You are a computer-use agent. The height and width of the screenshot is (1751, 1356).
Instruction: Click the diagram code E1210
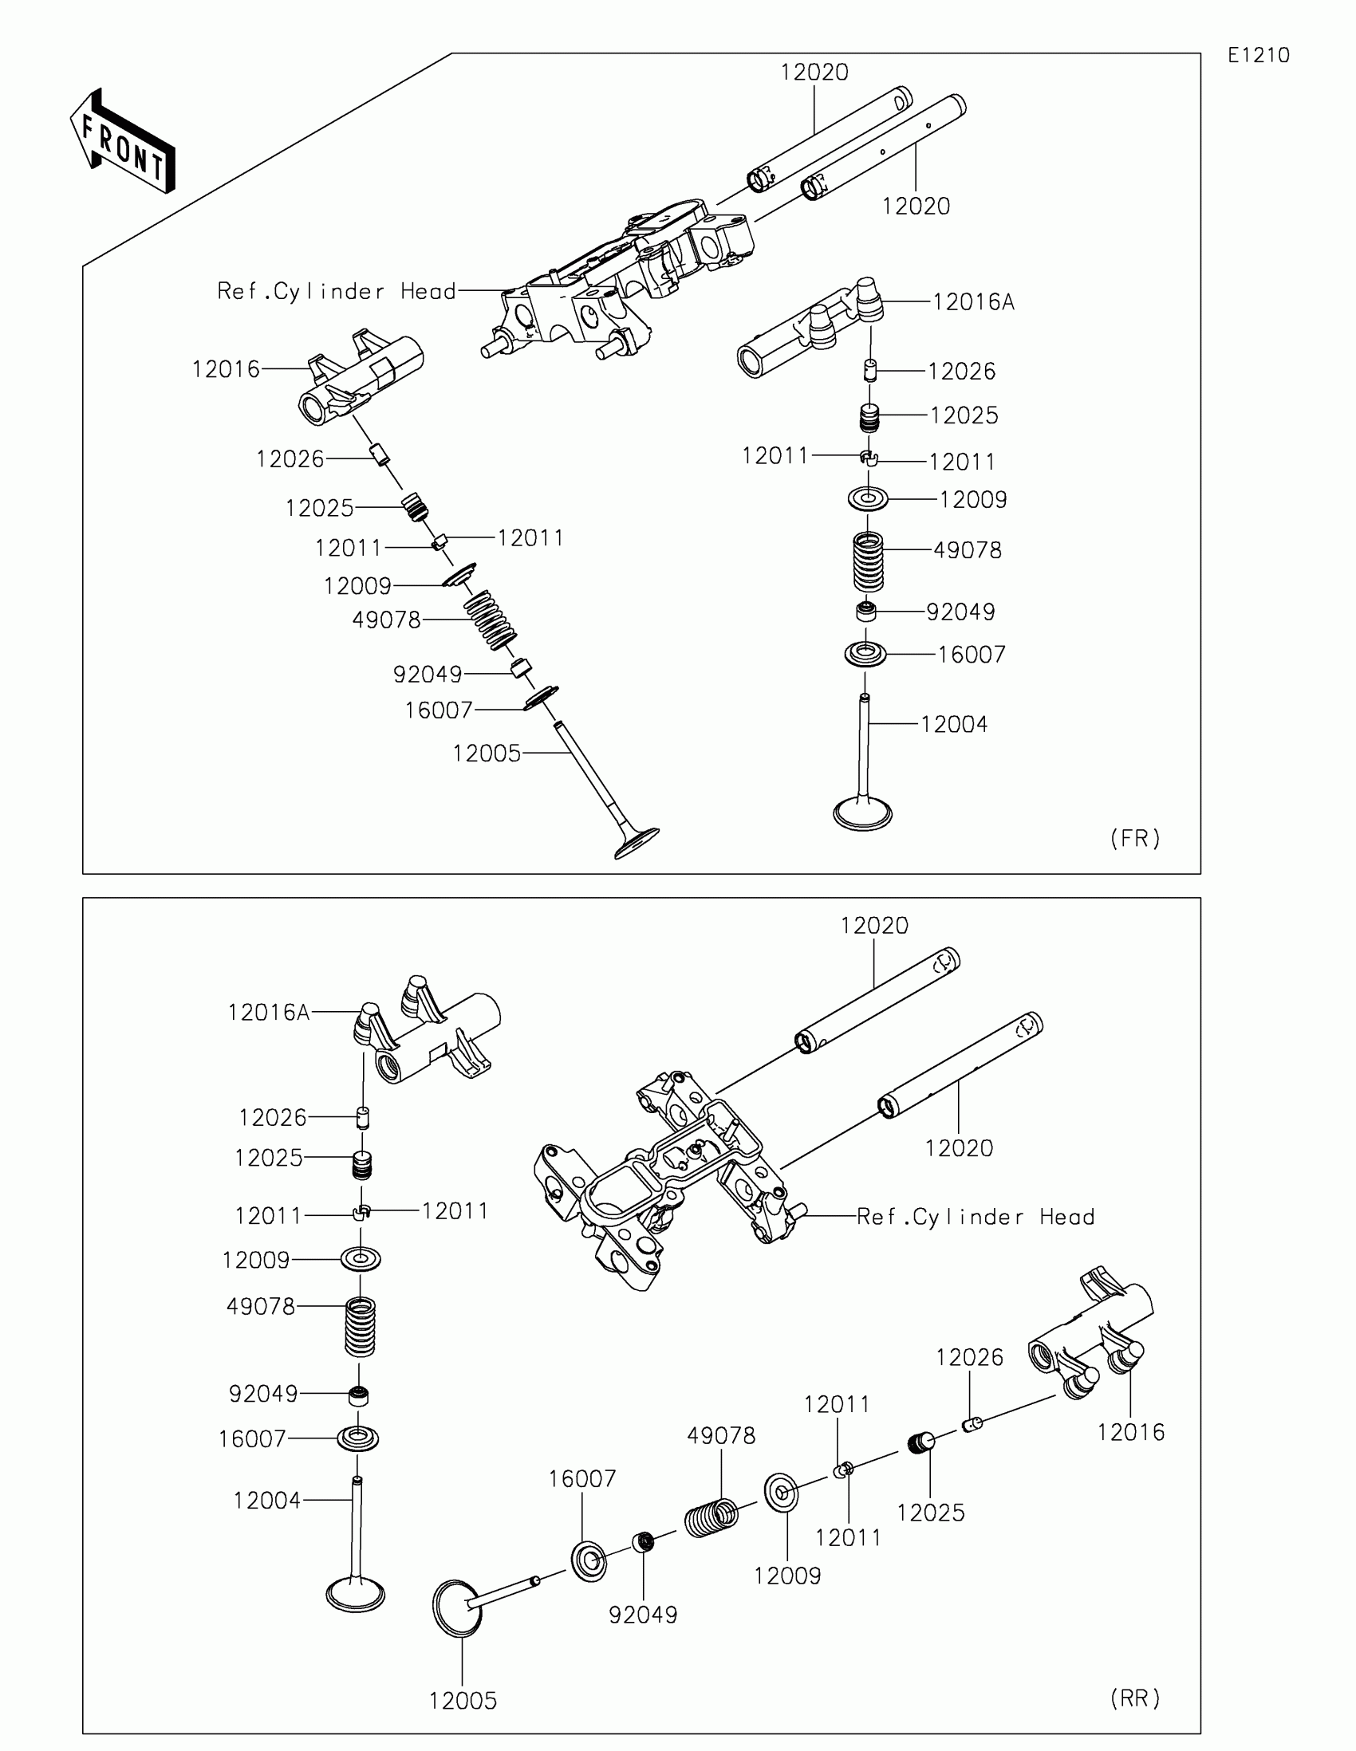1258,55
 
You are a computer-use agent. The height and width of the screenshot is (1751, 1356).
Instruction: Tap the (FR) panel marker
1135,839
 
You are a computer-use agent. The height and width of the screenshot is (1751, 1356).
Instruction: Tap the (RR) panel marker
1135,1698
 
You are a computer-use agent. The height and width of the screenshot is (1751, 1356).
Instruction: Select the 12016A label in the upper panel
973,302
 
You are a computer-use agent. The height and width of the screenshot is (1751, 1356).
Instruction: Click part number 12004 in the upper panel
953,725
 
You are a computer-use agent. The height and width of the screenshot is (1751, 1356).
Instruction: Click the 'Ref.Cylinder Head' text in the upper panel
337,291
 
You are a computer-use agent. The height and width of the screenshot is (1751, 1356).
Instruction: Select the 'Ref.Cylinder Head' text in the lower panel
975,1217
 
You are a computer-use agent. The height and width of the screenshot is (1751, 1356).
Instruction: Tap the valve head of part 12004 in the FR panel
863,813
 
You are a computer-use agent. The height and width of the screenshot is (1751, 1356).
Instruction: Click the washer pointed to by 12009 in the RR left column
360,1259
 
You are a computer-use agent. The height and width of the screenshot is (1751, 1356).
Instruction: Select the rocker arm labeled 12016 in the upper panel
361,377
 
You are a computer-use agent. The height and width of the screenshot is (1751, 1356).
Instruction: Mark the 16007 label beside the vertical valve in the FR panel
971,655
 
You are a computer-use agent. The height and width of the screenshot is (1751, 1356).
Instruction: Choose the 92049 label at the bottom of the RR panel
643,1615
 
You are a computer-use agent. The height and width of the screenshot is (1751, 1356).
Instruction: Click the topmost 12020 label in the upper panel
814,72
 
